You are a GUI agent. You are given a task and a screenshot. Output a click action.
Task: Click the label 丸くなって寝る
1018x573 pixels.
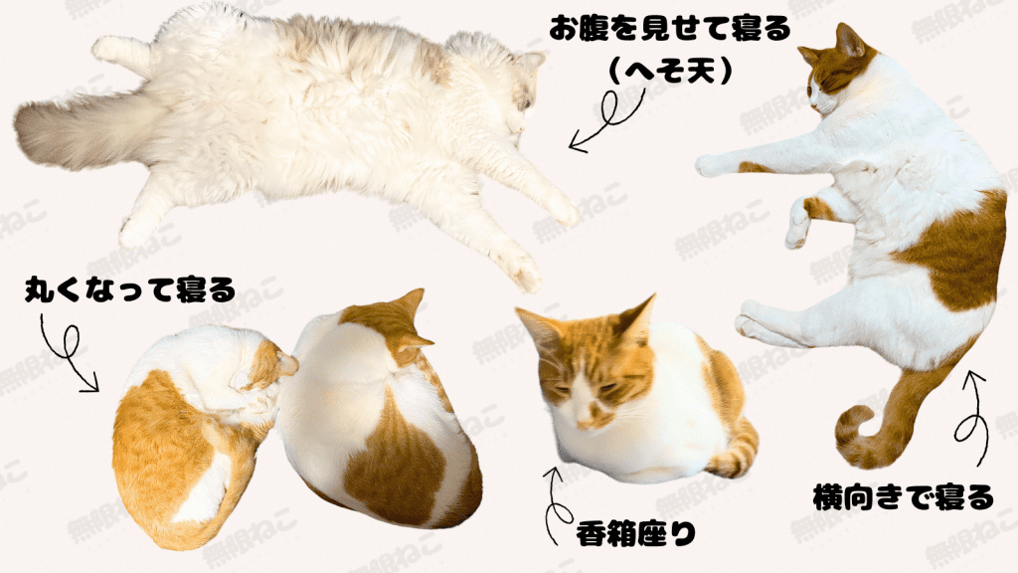tap(130, 289)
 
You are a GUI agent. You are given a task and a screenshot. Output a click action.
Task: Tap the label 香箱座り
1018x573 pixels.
tap(636, 534)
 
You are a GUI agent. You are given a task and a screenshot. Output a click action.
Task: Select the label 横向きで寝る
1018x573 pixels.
tap(903, 497)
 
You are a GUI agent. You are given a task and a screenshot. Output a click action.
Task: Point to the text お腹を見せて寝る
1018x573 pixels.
tap(670, 29)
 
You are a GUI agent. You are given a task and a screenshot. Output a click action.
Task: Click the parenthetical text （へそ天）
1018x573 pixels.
tap(671, 71)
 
